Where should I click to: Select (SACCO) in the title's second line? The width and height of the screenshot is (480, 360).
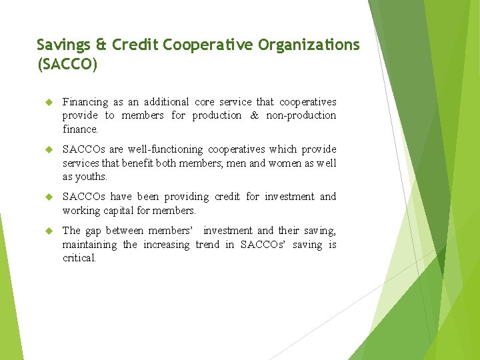67,65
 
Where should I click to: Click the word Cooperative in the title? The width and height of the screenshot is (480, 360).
205,45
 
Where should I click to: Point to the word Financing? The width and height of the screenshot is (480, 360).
85,102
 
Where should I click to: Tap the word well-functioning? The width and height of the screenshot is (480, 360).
163,149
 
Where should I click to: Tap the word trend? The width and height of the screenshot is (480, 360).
207,245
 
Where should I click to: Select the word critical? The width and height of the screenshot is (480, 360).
79,258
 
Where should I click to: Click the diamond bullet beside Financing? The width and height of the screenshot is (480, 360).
48,102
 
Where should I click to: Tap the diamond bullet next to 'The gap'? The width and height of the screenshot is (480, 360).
48,231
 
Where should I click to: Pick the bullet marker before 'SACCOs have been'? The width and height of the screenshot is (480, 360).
48,197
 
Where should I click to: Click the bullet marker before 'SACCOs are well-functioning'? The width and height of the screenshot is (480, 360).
48,149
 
